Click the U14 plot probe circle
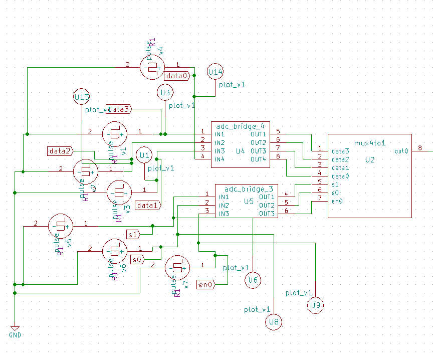[x=215, y=72]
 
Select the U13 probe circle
[x=82, y=97]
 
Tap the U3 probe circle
[x=165, y=93]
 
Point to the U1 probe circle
[x=145, y=155]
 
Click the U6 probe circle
[x=253, y=280]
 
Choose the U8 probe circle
[x=274, y=322]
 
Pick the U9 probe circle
[x=315, y=305]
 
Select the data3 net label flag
[x=120, y=109]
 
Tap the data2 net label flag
[x=61, y=150]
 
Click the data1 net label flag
[x=148, y=205]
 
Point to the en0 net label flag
[x=206, y=284]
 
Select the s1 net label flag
[x=133, y=234]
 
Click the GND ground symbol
[x=15, y=329]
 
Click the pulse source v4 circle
[x=151, y=67]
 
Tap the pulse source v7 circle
[x=177, y=268]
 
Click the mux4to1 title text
[x=370, y=143]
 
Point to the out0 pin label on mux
[x=401, y=151]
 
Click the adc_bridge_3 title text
[x=249, y=189]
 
